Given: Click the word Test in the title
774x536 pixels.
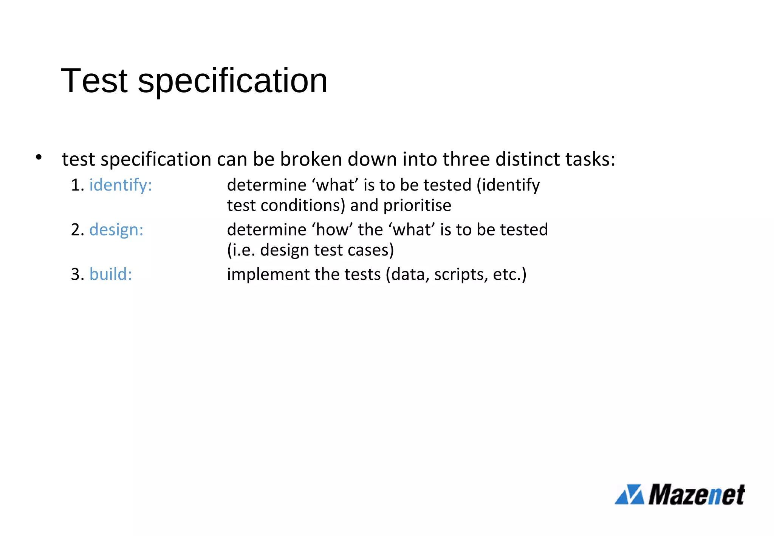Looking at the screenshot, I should [94, 81].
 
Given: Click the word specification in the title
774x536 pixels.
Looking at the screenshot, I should [232, 81].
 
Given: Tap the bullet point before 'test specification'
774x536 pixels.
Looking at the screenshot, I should [38, 157].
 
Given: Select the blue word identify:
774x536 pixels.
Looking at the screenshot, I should [121, 185].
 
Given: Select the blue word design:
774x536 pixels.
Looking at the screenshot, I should [116, 230].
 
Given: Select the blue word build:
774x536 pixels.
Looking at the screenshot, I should [111, 274].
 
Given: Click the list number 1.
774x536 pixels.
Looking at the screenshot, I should [77, 185].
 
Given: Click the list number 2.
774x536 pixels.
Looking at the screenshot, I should [77, 230].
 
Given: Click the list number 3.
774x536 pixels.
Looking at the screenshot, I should [77, 274].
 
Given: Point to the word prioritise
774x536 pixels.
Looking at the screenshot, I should [417, 206].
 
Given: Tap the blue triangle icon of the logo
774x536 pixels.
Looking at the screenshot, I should [629, 494].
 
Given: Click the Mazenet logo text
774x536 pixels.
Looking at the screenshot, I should [697, 494].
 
